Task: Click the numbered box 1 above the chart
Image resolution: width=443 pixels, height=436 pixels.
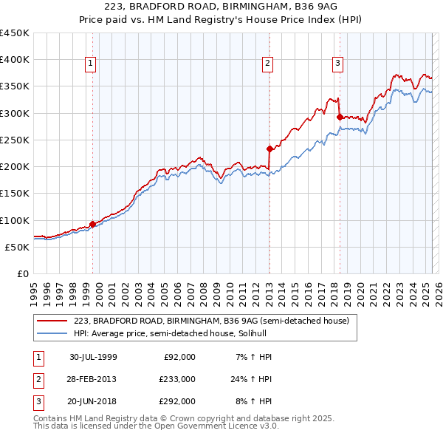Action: click(x=90, y=64)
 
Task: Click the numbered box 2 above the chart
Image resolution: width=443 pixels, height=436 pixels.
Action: click(x=267, y=64)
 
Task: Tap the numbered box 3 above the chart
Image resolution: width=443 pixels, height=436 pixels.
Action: click(x=337, y=64)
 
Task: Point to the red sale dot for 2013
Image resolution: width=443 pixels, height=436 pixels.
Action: click(x=269, y=149)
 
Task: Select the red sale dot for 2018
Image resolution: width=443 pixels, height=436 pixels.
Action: click(x=339, y=117)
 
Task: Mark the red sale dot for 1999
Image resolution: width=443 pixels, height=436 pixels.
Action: click(x=92, y=224)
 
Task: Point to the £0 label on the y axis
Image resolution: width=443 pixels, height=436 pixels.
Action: click(x=22, y=273)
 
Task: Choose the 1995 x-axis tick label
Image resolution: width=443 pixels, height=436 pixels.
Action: click(x=34, y=289)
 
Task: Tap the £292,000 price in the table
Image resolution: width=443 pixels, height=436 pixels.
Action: click(x=178, y=401)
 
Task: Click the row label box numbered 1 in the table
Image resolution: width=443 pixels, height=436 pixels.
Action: click(x=38, y=357)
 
